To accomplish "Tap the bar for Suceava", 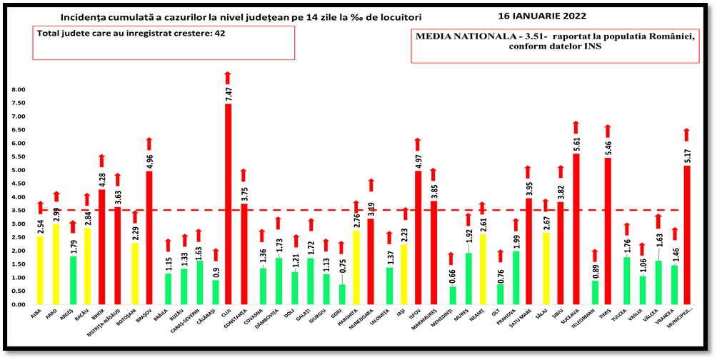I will tap(576, 229).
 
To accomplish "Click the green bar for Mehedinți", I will tap(453, 295).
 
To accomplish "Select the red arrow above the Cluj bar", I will tap(228, 77).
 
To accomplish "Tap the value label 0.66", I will tap(453, 276).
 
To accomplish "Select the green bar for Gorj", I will tap(341, 294).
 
